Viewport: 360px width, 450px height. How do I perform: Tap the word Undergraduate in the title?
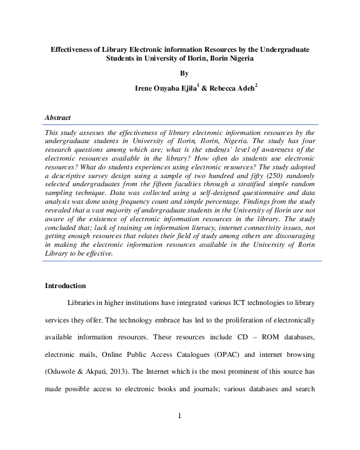286,49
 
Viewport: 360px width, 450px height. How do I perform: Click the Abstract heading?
58,117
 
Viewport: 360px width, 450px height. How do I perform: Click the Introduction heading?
65,286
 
